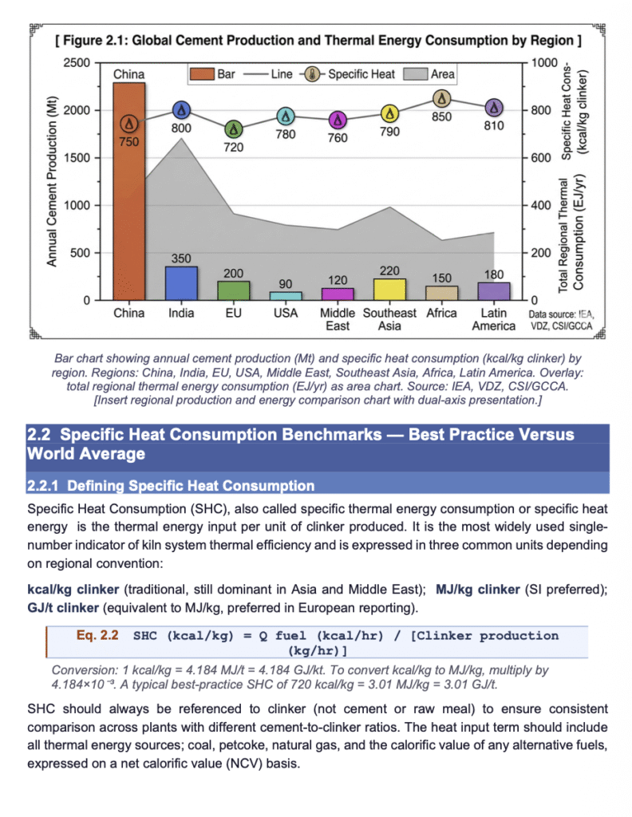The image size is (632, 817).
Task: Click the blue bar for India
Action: [181, 283]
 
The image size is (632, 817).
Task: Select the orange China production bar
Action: [129, 191]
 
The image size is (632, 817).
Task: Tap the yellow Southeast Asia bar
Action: [389, 290]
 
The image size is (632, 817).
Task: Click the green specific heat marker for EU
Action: [234, 129]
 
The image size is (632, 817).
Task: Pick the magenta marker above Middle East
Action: [338, 120]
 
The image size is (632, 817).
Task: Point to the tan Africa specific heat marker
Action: [442, 98]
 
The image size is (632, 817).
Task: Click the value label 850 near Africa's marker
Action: [442, 116]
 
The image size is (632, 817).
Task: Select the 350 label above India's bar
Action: [181, 259]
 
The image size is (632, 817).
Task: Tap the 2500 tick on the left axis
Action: [77, 62]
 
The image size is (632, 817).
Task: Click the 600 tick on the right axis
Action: [540, 157]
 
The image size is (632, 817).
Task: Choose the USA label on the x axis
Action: [286, 313]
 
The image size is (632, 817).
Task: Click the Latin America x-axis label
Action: [493, 319]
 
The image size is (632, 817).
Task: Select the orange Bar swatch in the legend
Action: [202, 74]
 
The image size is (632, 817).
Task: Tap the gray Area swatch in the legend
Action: [416, 74]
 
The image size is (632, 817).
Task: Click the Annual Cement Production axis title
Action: [51, 181]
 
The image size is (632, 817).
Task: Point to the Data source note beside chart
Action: [561, 320]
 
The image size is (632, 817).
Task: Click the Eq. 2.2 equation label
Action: [97, 635]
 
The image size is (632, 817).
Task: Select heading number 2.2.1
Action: [43, 486]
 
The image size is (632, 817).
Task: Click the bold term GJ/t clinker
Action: [63, 607]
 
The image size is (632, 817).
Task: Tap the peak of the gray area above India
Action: [181, 138]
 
